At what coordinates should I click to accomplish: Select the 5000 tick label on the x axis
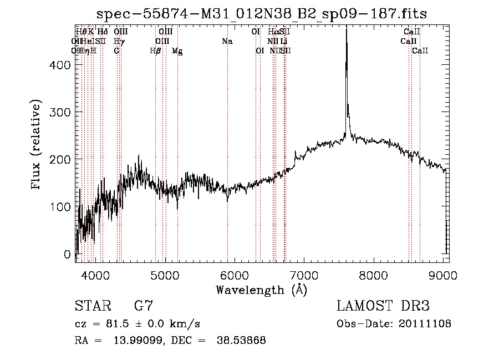pyautogui.click(x=165, y=275)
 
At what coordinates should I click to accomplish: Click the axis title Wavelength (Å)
pyautogui.click(x=261, y=290)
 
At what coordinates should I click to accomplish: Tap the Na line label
pyautogui.click(x=227, y=42)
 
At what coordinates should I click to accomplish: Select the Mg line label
pyautogui.click(x=177, y=51)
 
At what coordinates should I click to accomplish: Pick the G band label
pyautogui.click(x=116, y=51)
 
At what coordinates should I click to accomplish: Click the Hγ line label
pyautogui.click(x=119, y=42)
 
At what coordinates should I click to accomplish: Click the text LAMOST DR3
pyautogui.click(x=383, y=306)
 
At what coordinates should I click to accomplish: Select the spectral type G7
pyautogui.click(x=144, y=306)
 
